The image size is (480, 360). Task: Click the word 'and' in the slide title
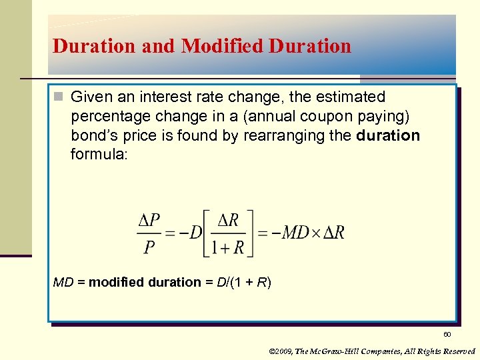coord(158,46)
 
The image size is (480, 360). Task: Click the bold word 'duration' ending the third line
coord(389,136)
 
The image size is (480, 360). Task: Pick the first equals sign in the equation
coord(171,233)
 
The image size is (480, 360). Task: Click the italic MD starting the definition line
coord(63,282)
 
